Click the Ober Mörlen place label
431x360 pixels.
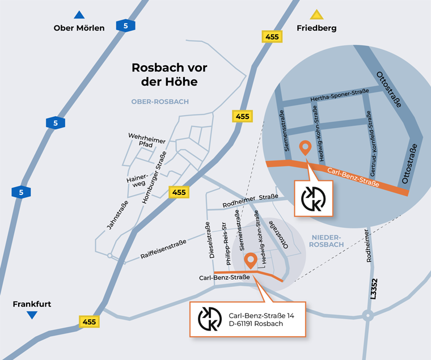pos(79,28)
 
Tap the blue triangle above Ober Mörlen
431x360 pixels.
pos(79,15)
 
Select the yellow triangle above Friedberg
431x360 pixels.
pos(316,15)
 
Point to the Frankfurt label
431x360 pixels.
pos(32,304)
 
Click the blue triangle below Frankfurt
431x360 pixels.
pos(32,315)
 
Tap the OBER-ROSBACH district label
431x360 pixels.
pos(159,101)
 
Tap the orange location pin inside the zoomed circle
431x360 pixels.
pos(305,147)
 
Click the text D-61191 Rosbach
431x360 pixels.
pos(255,324)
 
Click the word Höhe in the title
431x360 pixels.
pos(183,82)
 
